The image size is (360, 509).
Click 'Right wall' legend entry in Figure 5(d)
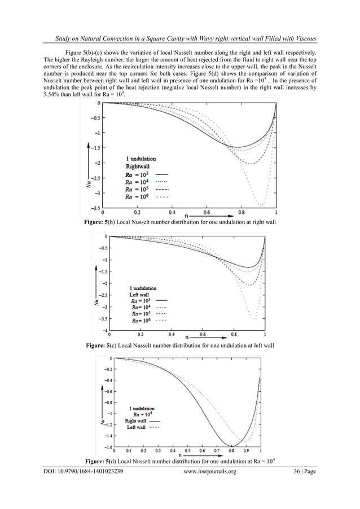click(135, 420)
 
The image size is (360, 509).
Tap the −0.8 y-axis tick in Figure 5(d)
click(107, 402)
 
